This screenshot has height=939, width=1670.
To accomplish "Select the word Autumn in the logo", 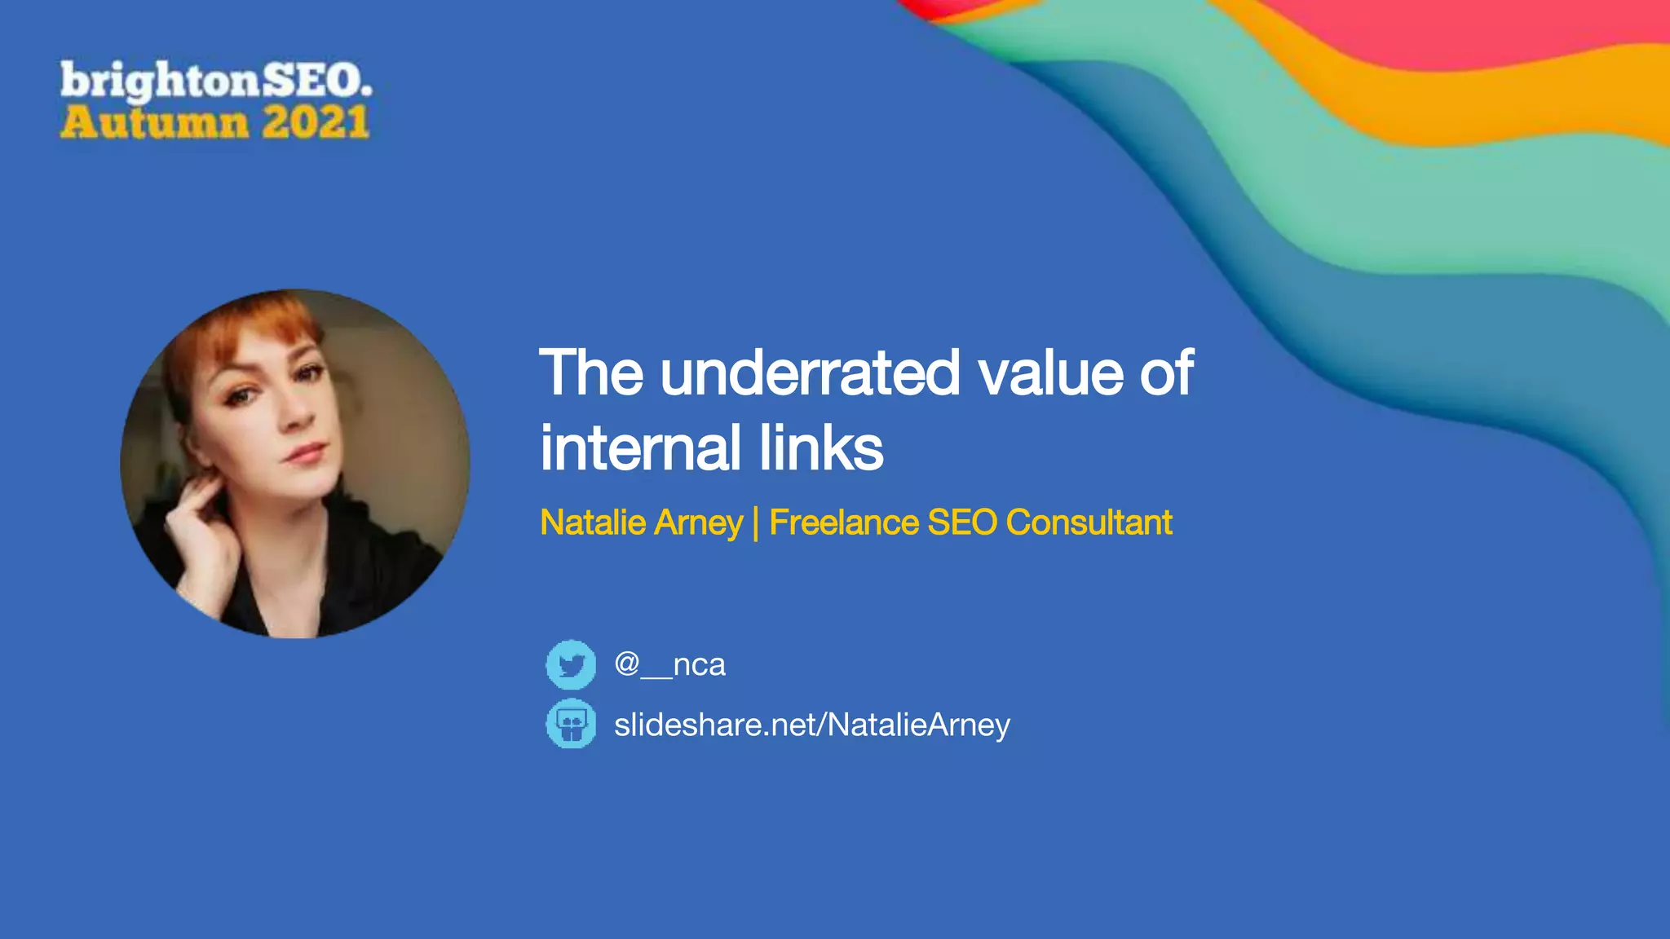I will (154, 123).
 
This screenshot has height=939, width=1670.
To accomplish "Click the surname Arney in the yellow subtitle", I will (698, 523).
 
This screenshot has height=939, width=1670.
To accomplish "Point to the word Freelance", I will (844, 522).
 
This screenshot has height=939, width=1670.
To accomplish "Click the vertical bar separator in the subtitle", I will (756, 522).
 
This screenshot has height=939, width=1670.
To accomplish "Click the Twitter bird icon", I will (571, 664).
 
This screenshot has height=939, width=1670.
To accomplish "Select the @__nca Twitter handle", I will (669, 664).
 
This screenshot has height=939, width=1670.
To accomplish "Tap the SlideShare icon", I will (571, 724).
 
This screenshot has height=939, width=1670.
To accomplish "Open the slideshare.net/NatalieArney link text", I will (812, 725).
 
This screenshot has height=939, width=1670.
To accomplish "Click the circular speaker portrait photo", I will (295, 463).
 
